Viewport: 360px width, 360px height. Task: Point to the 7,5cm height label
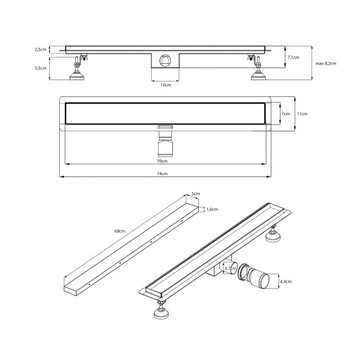click(x=292, y=57)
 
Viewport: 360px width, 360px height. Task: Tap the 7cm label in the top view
click(x=286, y=115)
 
